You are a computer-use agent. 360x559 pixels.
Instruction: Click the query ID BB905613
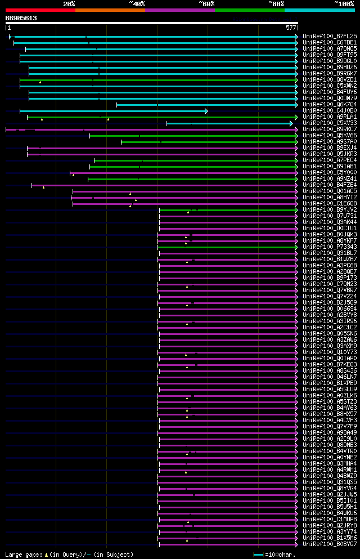(x=21, y=18)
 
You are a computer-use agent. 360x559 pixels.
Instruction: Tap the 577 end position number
(x=291, y=28)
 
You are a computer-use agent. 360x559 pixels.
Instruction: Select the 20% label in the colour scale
(x=69, y=3)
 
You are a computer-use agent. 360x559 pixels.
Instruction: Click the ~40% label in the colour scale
(x=137, y=3)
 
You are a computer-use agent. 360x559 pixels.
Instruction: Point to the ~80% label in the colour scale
(x=276, y=3)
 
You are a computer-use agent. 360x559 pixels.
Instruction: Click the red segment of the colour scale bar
(x=40, y=10)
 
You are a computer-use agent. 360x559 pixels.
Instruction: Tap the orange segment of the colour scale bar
(x=110, y=10)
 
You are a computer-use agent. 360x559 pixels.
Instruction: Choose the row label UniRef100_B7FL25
(x=330, y=36)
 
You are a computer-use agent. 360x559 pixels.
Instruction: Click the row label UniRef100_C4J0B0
(x=330, y=110)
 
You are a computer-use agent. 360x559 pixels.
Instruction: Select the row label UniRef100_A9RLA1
(x=330, y=117)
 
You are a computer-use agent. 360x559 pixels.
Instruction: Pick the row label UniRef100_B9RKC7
(x=330, y=129)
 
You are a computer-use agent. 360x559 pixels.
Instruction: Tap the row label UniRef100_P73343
(x=330, y=247)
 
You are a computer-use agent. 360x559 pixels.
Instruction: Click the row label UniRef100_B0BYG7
(x=330, y=544)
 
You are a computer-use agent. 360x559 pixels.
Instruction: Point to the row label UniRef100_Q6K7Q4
(x=330, y=104)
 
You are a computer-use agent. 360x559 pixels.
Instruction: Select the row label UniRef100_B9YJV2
(x=330, y=209)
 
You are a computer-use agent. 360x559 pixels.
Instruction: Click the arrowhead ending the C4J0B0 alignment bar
(x=206, y=111)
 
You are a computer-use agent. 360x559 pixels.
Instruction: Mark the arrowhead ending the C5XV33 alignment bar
(x=291, y=123)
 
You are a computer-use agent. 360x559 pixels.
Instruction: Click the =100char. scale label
(x=280, y=554)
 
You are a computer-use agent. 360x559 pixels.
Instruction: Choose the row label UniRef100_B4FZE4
(x=330, y=185)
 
